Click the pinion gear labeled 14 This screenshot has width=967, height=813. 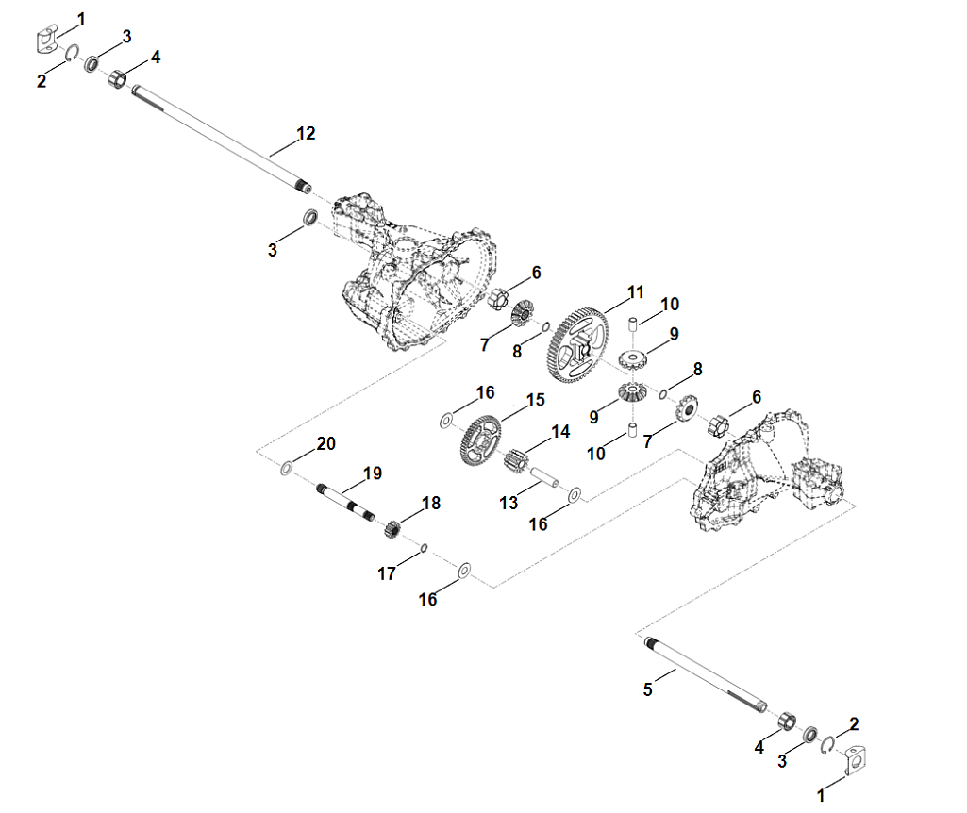[514, 463]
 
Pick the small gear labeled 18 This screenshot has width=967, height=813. [394, 528]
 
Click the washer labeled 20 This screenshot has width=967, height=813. [286, 467]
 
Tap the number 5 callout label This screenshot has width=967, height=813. [647, 689]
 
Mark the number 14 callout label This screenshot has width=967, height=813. [560, 432]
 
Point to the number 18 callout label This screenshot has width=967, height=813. [431, 504]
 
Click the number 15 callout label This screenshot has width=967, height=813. [535, 400]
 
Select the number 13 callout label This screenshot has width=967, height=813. [509, 504]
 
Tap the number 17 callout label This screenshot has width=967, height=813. [387, 573]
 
